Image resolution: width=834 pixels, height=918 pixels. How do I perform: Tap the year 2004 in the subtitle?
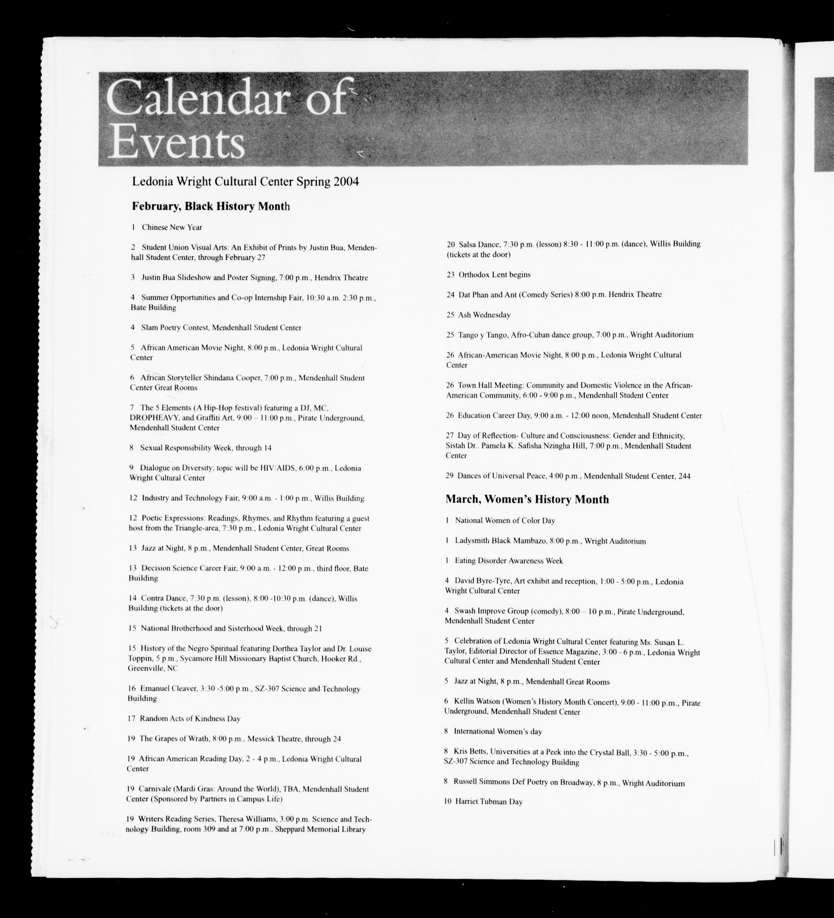point(346,182)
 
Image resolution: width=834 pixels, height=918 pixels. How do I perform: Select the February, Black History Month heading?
point(211,206)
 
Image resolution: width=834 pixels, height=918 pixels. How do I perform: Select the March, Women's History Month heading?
point(527,499)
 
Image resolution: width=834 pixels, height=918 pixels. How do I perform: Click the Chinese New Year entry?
point(172,227)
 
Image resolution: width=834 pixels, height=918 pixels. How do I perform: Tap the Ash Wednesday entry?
point(484,315)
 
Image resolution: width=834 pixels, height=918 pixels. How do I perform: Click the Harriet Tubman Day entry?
point(488,801)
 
